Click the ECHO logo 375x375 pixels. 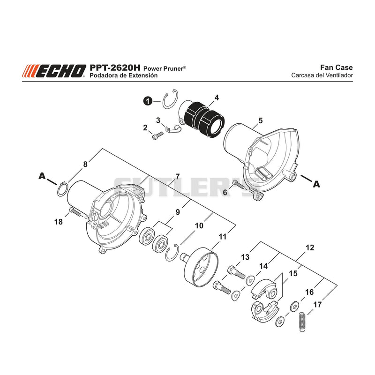[x=54, y=71]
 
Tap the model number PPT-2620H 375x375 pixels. [x=115, y=67]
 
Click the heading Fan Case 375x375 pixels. [x=336, y=67]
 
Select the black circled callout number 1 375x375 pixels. [x=148, y=101]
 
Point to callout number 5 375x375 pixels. [x=261, y=120]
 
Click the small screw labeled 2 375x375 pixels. [x=157, y=135]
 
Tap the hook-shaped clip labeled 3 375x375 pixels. [x=174, y=129]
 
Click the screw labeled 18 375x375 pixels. [x=75, y=211]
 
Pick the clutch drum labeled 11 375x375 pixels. [x=201, y=267]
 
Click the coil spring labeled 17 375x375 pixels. [x=303, y=322]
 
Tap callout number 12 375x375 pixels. [x=310, y=247]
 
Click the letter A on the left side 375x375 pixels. [x=42, y=176]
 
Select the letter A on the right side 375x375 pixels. [x=316, y=184]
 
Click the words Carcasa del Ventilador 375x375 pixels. [x=322, y=75]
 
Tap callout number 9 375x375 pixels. [x=178, y=212]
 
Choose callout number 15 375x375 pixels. [x=293, y=273]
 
